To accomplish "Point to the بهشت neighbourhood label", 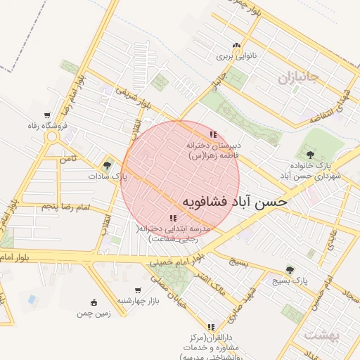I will pyautogui.click(x=321, y=336).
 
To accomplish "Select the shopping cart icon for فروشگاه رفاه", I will pyautogui.click(x=47, y=115).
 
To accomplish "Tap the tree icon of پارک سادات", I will pyautogui.click(x=107, y=166).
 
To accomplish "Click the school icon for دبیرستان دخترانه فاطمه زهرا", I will pyautogui.click(x=212, y=135).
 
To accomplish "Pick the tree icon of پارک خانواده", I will pyautogui.click(x=310, y=155).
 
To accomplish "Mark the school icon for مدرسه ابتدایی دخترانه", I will pyautogui.click(x=174, y=218).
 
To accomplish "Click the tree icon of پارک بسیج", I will pyautogui.click(x=290, y=270).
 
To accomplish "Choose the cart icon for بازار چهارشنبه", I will pyautogui.click(x=138, y=290).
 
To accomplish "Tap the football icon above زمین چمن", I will pyautogui.click(x=94, y=302).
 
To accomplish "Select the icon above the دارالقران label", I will pyautogui.click(x=212, y=326).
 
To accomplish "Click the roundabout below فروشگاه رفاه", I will pyautogui.click(x=53, y=138).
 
